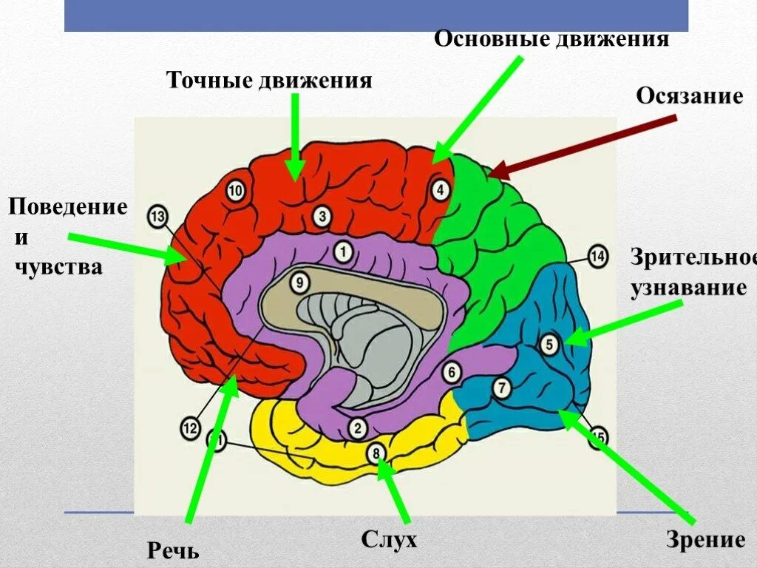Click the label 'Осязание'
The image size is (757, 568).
[x=690, y=97]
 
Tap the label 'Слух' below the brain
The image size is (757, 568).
[x=389, y=539]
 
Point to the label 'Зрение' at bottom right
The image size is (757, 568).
[x=705, y=540]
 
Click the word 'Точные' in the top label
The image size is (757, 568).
[x=209, y=79]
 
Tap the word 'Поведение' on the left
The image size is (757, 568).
[x=68, y=206]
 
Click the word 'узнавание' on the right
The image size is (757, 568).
[x=688, y=288]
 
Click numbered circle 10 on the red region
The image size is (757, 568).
[x=235, y=191]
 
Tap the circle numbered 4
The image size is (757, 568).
[x=440, y=190]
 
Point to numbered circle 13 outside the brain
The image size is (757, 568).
[x=157, y=216]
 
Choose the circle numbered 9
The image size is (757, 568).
[x=298, y=282]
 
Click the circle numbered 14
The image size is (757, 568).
[x=597, y=257]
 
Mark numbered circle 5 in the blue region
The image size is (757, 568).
[x=549, y=344]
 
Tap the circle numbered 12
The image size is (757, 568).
[x=190, y=427]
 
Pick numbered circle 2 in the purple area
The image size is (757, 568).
[x=357, y=427]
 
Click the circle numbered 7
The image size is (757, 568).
[x=500, y=387]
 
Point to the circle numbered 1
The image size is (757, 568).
[x=342, y=252]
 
